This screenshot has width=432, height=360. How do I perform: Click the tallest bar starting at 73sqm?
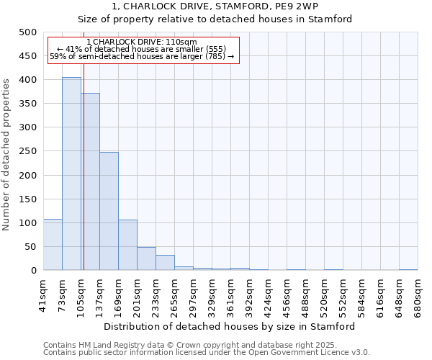coord(71,174)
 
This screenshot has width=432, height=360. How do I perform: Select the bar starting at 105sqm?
coord(91,181)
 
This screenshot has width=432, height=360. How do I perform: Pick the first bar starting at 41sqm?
coord(53,245)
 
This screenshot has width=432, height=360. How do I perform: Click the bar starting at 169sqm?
coord(127,245)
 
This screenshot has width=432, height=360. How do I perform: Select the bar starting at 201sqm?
coord(146,258)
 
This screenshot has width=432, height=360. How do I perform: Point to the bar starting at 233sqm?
coord(165,263)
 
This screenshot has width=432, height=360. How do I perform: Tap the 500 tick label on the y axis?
coord(28,32)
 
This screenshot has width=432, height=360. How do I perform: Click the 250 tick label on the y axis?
coord(28,151)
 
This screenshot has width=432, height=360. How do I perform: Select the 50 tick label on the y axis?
coord(30,247)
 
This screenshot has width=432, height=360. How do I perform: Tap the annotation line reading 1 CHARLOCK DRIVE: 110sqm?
coord(141,42)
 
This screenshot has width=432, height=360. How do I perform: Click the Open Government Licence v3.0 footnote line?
coord(207,353)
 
